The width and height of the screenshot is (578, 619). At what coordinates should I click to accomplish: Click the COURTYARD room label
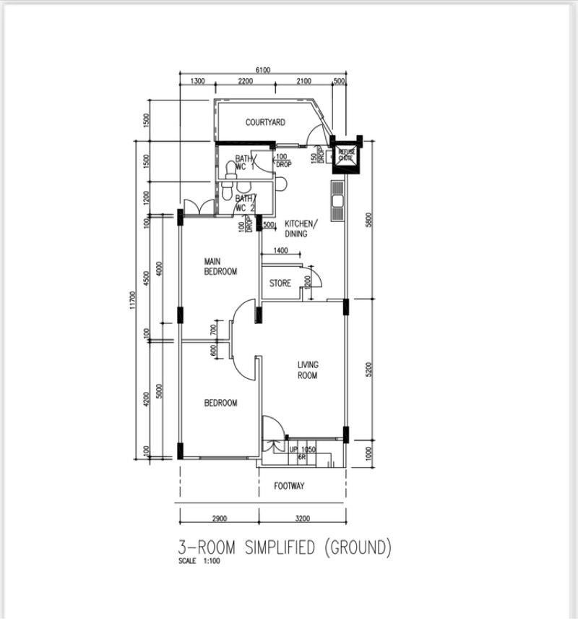tap(264, 123)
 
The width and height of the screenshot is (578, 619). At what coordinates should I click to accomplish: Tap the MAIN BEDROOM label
tap(220, 266)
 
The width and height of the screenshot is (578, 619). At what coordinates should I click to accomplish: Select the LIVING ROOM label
tap(308, 370)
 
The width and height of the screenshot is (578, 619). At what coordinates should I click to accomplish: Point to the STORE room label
tap(280, 283)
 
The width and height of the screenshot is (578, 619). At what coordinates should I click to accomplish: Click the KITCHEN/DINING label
tap(296, 229)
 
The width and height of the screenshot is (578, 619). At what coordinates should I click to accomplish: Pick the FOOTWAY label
tap(289, 486)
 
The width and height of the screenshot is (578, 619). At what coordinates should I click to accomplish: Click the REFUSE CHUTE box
tap(346, 155)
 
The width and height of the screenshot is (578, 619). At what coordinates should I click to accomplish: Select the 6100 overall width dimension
tap(263, 70)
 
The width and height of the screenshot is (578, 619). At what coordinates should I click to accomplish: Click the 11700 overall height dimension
tap(132, 300)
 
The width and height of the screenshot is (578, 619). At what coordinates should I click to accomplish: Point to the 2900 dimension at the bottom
tap(220, 518)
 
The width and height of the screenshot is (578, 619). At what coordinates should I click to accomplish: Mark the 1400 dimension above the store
tap(280, 250)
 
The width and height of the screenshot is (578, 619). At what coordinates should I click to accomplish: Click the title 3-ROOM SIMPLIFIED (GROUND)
tap(285, 547)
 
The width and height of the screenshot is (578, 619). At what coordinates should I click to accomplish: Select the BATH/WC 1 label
tap(245, 163)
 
